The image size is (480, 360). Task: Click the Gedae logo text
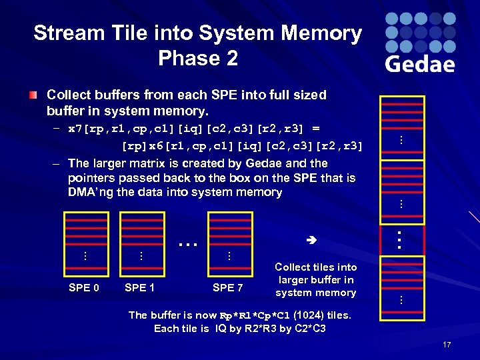click(420, 63)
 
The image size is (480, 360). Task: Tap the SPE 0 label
click(85, 288)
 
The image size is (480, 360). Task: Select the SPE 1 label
click(140, 288)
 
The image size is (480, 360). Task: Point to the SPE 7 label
click(227, 288)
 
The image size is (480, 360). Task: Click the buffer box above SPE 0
click(85, 243)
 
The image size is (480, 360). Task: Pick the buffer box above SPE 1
click(141, 243)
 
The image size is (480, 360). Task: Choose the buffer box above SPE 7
click(229, 243)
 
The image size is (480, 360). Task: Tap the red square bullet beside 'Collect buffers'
click(33, 95)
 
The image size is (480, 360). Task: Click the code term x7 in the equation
click(76, 128)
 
